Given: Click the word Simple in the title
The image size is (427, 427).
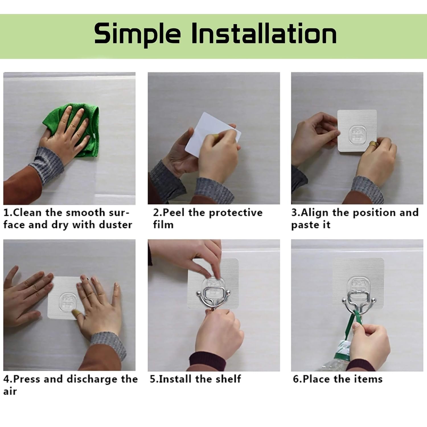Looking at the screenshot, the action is tap(137, 34).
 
